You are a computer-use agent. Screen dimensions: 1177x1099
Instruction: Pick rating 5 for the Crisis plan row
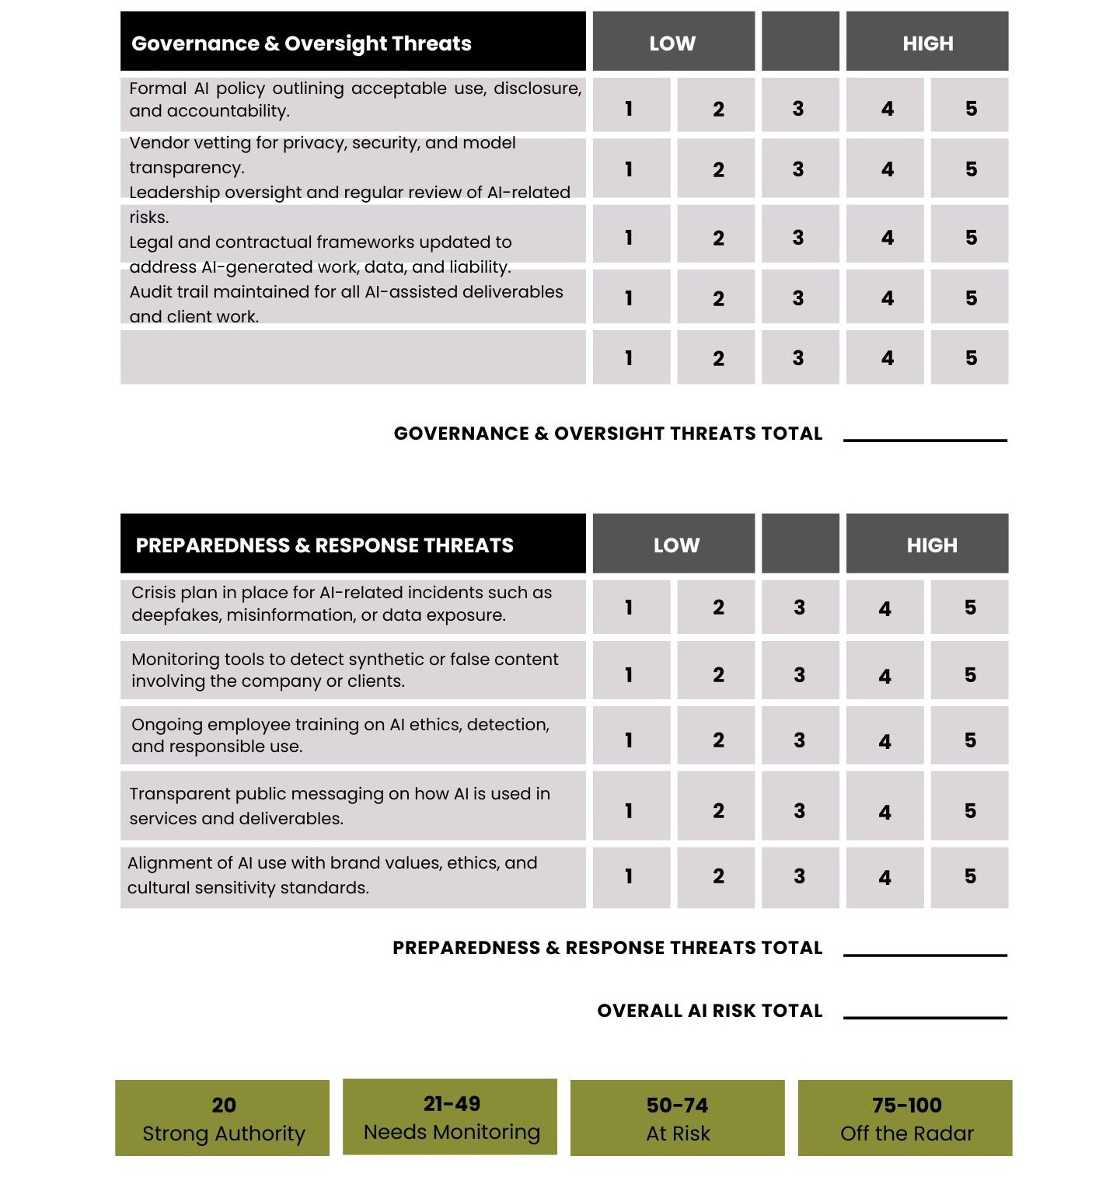(969, 607)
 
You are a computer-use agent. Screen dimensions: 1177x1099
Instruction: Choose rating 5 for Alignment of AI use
(969, 876)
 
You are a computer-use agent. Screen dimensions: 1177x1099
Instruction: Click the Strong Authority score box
(222, 1118)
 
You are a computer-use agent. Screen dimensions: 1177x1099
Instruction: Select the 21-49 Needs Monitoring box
(450, 1116)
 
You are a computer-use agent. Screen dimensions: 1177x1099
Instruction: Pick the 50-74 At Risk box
(677, 1118)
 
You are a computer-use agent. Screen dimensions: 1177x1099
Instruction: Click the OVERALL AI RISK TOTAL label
(709, 1011)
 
